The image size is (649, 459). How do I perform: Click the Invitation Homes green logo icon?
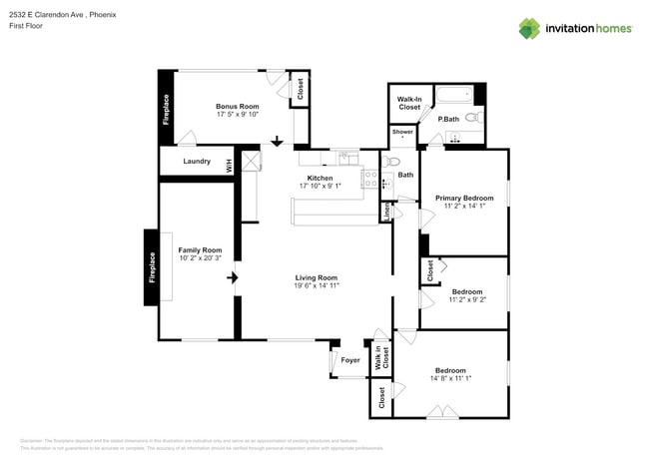529,28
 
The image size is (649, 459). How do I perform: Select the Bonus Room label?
238,106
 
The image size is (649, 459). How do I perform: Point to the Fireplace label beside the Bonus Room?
166,109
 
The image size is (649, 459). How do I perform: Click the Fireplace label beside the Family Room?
153,267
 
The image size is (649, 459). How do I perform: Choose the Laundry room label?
196,161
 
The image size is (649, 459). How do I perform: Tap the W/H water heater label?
229,165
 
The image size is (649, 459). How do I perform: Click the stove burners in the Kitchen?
370,181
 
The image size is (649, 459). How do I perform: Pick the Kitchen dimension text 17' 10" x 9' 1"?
320,186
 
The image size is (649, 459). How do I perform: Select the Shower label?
402,132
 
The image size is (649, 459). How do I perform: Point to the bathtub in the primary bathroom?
455,98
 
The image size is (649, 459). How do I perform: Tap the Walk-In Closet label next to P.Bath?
409,104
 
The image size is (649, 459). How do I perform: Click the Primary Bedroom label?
464,198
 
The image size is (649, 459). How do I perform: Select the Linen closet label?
386,212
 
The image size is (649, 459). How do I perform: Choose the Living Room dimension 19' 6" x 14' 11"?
317,285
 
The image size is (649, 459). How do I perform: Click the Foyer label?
350,360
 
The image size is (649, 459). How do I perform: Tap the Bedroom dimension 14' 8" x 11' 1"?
450,378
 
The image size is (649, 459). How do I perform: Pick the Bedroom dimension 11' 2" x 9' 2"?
467,299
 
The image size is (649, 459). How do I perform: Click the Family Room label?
200,249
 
